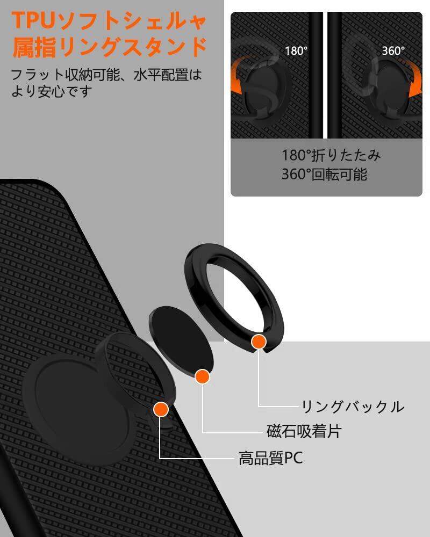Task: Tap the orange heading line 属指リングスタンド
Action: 110,47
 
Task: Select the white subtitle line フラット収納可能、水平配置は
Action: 107,74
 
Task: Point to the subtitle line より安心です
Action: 52,91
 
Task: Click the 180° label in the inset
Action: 296,51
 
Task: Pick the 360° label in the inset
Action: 393,51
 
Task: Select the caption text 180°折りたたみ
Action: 332,156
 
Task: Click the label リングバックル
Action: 353,407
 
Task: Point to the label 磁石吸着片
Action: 304,431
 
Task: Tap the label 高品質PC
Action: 271,458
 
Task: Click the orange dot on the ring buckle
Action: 259,342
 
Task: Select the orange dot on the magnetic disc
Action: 203,376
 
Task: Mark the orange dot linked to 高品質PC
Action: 161,410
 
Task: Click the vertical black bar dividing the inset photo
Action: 326,75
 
